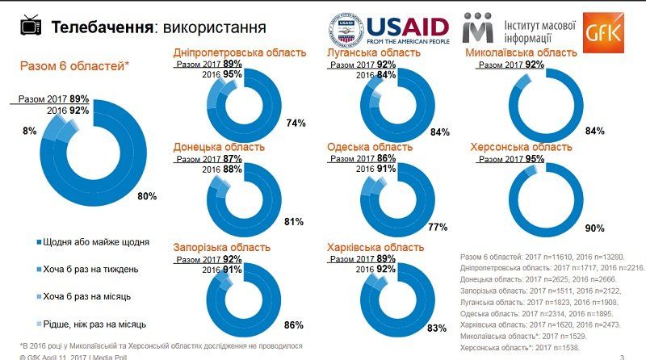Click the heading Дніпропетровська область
coord(240,52)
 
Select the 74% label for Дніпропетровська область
coord(295,123)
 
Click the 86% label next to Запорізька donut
coord(293,325)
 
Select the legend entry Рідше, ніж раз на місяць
coord(94,324)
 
